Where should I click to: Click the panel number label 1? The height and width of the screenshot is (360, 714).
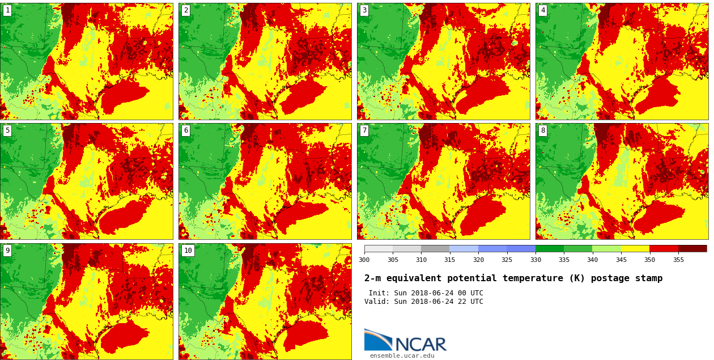coord(7,10)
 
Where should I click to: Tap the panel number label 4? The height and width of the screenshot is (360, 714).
coord(543,10)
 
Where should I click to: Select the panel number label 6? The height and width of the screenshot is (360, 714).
coord(186,130)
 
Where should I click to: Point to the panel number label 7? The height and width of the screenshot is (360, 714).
coord(364,130)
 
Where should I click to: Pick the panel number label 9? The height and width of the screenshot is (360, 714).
coord(7,251)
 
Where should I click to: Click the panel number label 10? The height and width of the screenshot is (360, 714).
coord(188,251)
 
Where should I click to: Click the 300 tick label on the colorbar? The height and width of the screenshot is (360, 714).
coord(364,260)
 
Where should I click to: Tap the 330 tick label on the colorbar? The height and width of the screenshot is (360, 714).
coord(535,260)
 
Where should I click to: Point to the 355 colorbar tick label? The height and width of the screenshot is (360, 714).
coord(678,260)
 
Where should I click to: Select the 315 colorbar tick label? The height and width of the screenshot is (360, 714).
coord(449,260)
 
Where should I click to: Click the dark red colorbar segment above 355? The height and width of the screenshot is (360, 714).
coord(692,248)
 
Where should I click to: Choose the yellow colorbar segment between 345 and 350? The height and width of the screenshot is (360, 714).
coord(635,248)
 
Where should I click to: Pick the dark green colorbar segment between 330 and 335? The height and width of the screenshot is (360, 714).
coord(550,248)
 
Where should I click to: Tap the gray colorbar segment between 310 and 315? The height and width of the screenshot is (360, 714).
coord(435,248)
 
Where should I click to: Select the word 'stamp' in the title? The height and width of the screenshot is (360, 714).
coord(648,278)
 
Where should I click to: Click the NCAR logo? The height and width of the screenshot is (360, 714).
coord(405,341)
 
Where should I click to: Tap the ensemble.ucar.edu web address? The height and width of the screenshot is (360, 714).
coord(402,356)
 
